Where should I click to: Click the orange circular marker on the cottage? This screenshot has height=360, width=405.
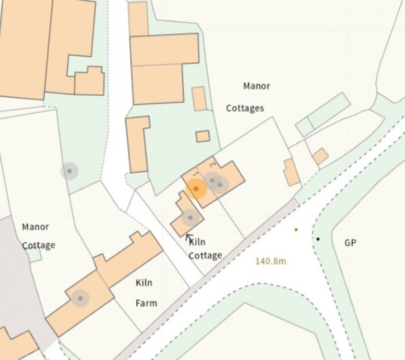pyautogui.click(x=196, y=189)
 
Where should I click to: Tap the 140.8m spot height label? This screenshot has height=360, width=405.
pyautogui.click(x=271, y=261)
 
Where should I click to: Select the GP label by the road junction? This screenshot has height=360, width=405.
pyautogui.click(x=350, y=243)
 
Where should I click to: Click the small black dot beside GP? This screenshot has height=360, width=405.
pyautogui.click(x=318, y=239)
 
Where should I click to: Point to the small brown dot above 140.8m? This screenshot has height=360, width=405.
pyautogui.click(x=296, y=230)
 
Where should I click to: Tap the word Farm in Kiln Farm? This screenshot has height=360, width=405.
pyautogui.click(x=146, y=303)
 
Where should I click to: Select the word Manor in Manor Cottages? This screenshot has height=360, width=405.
pyautogui.click(x=256, y=86)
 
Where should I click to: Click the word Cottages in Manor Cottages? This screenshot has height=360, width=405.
pyautogui.click(x=245, y=108)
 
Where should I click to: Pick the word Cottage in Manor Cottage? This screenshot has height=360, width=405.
pyautogui.click(x=39, y=245)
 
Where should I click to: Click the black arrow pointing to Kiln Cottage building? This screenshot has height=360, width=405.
pyautogui.click(x=189, y=237)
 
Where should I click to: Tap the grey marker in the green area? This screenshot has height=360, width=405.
pyautogui.click(x=70, y=171)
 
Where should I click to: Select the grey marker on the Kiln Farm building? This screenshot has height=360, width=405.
pyautogui.click(x=80, y=298)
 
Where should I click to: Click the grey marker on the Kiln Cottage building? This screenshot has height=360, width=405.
pyautogui.click(x=190, y=218)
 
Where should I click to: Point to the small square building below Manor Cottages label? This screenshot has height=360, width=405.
pyautogui.click(x=202, y=136)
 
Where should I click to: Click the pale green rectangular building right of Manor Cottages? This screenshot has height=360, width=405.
pyautogui.click(x=323, y=114)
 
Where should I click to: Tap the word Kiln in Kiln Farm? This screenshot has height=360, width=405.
pyautogui.click(x=144, y=283)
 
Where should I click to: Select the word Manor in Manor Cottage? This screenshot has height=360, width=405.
pyautogui.click(x=35, y=227)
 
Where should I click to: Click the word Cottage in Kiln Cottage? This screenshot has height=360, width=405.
pyautogui.click(x=205, y=255)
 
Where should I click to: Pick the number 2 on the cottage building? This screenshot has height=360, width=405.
pyautogui.click(x=213, y=165)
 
